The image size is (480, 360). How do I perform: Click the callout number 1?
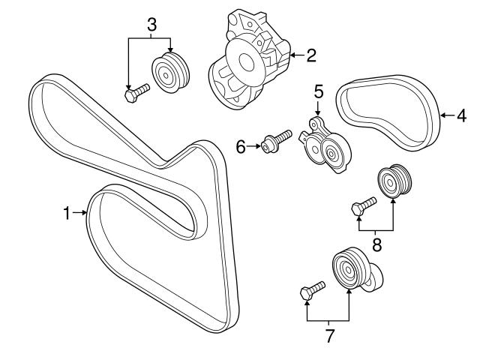click(66, 214)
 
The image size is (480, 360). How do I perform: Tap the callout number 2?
click(310, 54)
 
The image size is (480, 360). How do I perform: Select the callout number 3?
click(151, 25)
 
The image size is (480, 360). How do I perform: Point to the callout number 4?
click(461, 115)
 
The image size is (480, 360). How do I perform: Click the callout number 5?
click(318, 93)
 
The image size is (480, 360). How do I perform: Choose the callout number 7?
click(328, 336)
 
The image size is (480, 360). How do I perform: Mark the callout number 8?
click(376, 244)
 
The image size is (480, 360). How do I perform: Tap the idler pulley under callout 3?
click(172, 73)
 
